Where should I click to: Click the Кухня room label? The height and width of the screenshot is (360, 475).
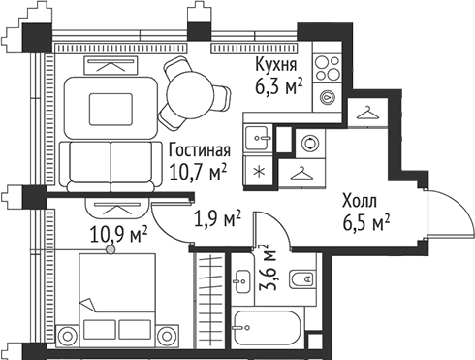(x=275, y=64)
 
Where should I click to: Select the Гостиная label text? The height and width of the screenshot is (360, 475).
(x=198, y=150)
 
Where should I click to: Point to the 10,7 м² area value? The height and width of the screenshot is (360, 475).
(x=198, y=171)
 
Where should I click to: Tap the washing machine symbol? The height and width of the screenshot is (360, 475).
(x=309, y=142)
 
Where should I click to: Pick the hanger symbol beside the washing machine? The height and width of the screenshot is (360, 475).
(x=302, y=172)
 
